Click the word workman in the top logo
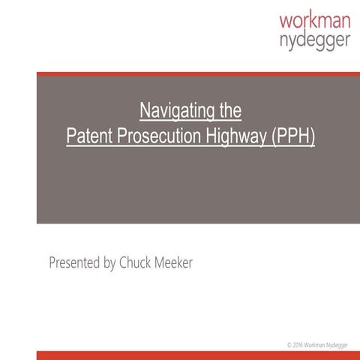tap(314, 19)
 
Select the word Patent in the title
tap(87, 137)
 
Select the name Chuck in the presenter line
tap(137, 263)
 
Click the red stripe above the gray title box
tap(194, 73)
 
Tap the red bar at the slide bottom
tap(194, 355)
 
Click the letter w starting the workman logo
tap(286, 20)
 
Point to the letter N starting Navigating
tap(145, 112)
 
